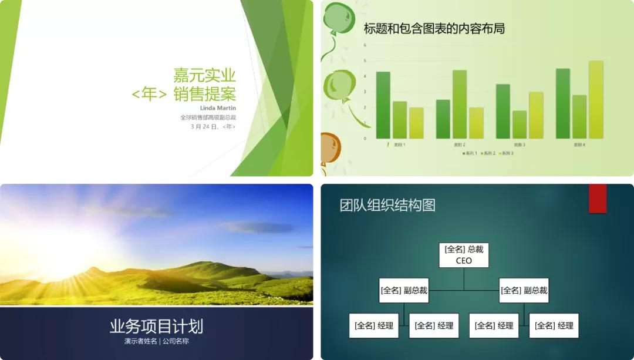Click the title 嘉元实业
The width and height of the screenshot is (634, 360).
[x=204, y=75]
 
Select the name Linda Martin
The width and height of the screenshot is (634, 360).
[x=218, y=108]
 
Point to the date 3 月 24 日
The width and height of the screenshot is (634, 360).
[x=204, y=126]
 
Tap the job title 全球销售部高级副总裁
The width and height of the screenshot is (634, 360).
[x=208, y=117]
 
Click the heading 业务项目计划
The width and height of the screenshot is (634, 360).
[x=156, y=327]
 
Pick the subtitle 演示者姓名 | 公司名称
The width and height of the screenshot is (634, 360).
[x=156, y=341]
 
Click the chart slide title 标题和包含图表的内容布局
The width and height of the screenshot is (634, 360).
[x=434, y=28]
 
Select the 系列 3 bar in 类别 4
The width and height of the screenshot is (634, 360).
[x=595, y=100]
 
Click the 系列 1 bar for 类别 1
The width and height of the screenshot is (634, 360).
[x=383, y=105]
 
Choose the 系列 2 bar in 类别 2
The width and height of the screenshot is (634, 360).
[x=460, y=105]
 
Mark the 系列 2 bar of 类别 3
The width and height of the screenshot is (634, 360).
[x=520, y=125]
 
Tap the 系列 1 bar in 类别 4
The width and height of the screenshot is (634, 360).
[x=562, y=103]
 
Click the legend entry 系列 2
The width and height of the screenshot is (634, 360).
[x=488, y=153]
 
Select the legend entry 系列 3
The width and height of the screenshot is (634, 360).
[x=506, y=153]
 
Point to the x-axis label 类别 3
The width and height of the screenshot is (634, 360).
[x=520, y=144]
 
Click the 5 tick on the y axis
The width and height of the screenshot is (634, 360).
[x=365, y=60]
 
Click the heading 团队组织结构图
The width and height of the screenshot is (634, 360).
[x=387, y=205]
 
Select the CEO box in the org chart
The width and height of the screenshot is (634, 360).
[x=464, y=255]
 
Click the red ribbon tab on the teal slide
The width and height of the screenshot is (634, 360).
[x=598, y=198]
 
